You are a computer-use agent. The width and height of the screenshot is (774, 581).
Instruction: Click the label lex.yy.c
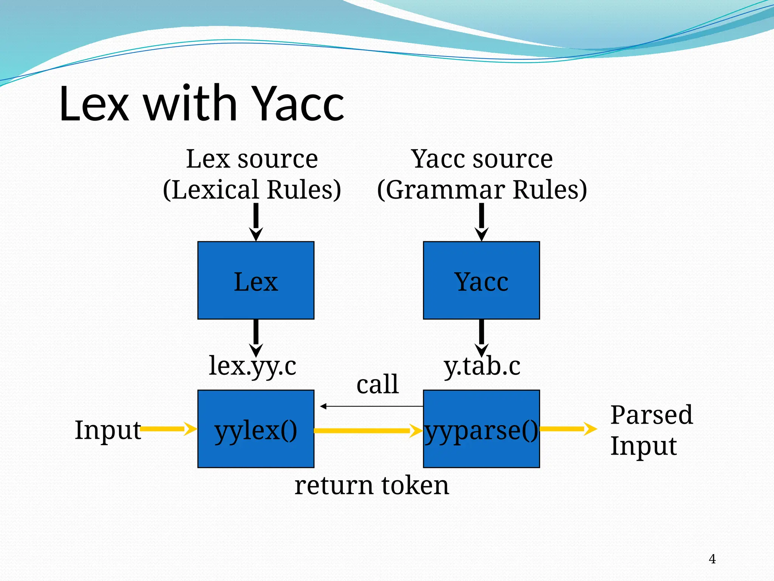(x=252, y=366)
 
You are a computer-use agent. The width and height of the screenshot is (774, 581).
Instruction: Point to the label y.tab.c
(x=482, y=366)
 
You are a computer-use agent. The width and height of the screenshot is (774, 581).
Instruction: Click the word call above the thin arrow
(x=378, y=384)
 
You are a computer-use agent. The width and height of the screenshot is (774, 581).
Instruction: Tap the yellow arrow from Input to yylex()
(x=166, y=429)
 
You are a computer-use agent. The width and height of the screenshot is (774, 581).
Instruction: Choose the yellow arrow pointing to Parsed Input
(x=567, y=429)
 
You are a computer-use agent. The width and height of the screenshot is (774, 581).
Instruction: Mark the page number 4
(x=712, y=559)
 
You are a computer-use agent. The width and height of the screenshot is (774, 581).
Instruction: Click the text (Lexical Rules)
(x=252, y=190)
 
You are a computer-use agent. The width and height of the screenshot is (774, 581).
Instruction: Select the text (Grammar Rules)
(x=482, y=190)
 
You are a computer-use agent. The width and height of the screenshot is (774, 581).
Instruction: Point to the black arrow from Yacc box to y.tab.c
(x=481, y=337)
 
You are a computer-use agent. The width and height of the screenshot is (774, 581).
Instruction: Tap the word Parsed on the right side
(x=652, y=415)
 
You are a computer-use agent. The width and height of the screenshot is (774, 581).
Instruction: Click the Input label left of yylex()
(x=107, y=430)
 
